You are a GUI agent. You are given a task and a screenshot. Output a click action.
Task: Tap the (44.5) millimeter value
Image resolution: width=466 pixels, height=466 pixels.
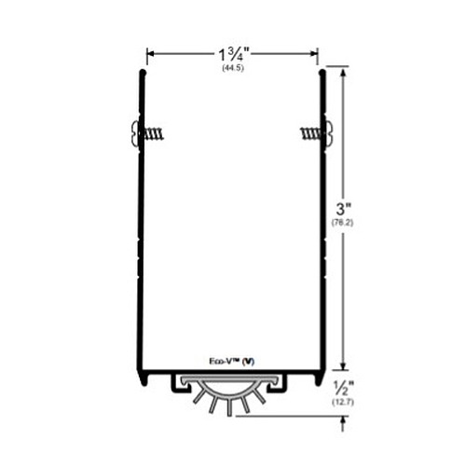coord(233,68)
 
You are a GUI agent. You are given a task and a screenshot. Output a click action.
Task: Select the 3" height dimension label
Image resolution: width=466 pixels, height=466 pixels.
coord(342,209)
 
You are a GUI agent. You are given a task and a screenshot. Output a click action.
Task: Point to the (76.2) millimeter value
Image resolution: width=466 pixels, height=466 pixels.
coord(342,223)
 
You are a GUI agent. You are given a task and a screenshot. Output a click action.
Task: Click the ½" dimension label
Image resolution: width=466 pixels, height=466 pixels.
coord(342,389)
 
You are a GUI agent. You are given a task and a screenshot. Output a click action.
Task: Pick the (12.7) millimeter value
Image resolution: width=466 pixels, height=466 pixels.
coord(343,403)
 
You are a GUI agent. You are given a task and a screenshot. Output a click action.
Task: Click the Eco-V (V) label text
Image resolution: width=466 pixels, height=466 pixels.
coord(232,362)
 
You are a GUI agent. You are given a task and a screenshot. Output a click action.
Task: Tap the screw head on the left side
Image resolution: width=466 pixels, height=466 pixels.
coord(135,133)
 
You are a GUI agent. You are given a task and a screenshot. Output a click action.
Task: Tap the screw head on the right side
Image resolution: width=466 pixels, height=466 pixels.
coord(329,133)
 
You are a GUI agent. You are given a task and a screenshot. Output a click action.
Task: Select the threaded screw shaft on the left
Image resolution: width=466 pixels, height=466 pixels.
coord(154,134)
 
